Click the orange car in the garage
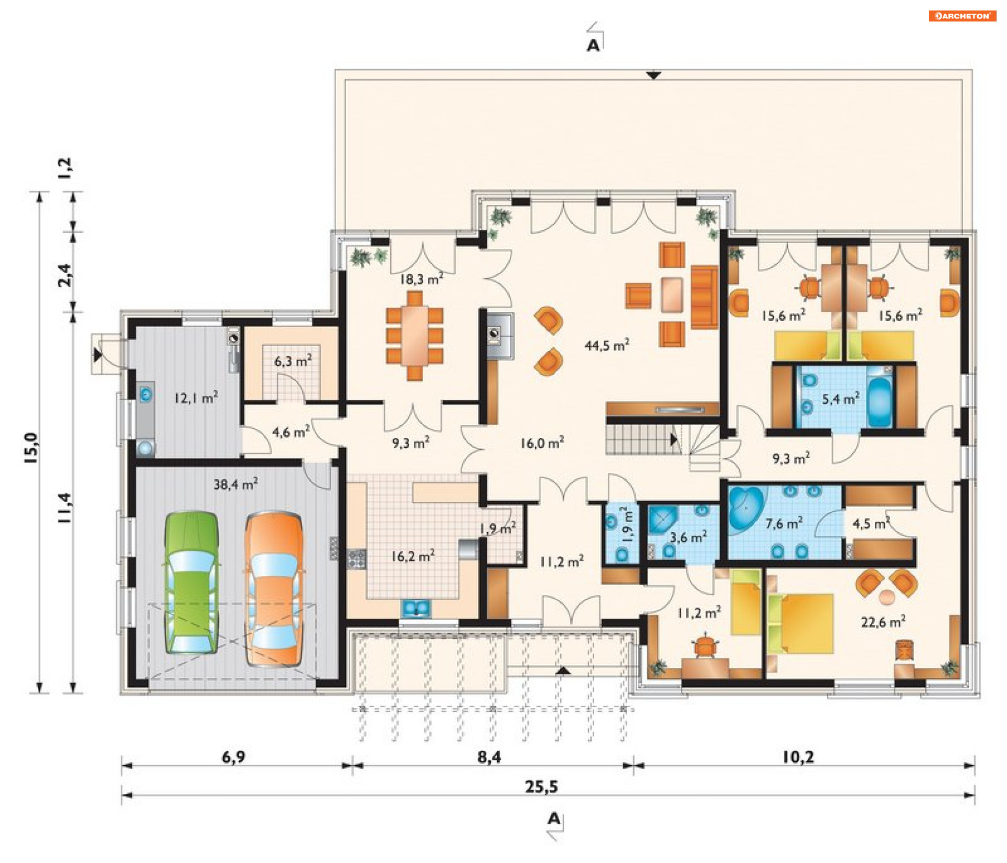coord(274,589)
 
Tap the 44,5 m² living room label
coord(607,345)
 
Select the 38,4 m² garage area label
coord(235,484)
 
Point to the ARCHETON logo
coord(962,16)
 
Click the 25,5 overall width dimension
coord(542,786)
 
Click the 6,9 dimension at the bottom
coord(233,757)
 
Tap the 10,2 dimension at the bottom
coord(798,757)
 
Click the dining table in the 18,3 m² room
coord(415,336)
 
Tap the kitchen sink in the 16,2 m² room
coord(416,608)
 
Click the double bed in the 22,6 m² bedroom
coord(800,623)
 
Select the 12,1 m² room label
coord(196,397)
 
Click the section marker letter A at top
coord(593,46)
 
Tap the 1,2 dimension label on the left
coord(66,168)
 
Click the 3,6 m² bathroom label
coord(688,537)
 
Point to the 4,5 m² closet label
coord(871,523)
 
